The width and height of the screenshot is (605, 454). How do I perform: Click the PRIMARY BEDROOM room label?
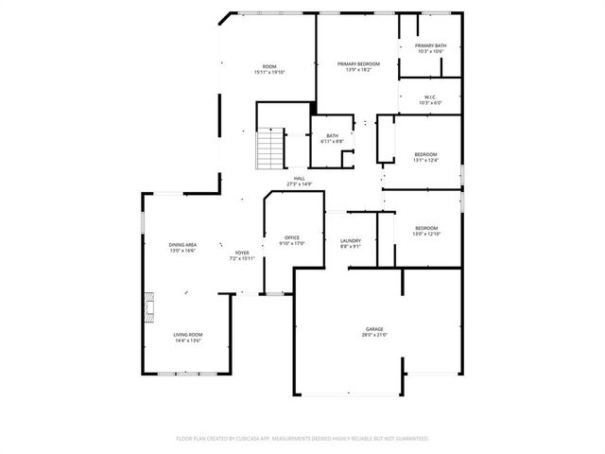(358, 63)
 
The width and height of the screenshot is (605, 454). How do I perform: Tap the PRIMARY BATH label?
(430, 45)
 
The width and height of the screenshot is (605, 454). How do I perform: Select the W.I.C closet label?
(429, 96)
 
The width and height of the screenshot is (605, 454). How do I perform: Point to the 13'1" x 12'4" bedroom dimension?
(425, 160)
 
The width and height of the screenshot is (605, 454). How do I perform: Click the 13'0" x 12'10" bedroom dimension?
(426, 233)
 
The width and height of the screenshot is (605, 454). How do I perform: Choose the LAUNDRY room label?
(350, 241)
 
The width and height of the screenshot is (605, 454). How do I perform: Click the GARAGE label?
(375, 329)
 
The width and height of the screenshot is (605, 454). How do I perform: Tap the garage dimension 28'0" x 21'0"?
(375, 335)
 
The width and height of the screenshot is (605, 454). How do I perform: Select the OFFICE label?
(292, 237)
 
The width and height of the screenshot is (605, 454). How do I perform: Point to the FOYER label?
(242, 253)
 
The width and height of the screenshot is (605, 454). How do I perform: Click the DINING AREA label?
(182, 245)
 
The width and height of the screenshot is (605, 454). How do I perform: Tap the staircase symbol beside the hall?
(271, 148)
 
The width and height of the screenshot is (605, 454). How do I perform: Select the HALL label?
(299, 178)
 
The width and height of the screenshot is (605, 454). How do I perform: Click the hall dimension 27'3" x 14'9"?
(299, 183)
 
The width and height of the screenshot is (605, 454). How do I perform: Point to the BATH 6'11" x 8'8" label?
(332, 138)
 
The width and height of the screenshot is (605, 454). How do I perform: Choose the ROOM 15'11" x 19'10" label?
(269, 69)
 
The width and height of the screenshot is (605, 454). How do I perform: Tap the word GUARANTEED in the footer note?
(408, 439)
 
